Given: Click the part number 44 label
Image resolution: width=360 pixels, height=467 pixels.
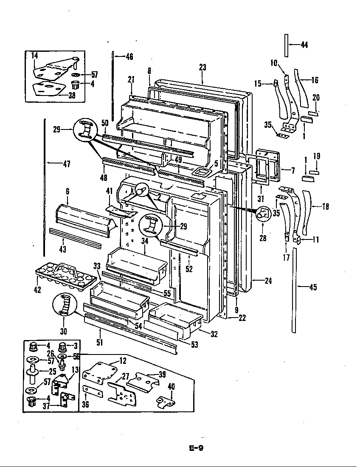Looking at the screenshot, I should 304,45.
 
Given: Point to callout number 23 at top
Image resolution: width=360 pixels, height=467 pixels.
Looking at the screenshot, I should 202,67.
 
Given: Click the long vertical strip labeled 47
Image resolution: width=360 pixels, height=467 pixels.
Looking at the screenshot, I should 44,187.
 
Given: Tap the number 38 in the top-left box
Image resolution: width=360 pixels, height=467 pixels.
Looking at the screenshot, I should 72,95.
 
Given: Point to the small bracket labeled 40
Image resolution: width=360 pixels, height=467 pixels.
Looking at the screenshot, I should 166,400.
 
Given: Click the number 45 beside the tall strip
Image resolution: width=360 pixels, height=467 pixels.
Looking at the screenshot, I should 313,287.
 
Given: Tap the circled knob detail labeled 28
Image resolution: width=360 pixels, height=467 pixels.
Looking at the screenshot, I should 263,214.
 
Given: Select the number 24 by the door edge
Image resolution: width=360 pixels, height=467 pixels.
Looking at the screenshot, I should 268,281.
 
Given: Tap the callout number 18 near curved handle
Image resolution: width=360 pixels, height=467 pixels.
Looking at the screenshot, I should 325,207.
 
